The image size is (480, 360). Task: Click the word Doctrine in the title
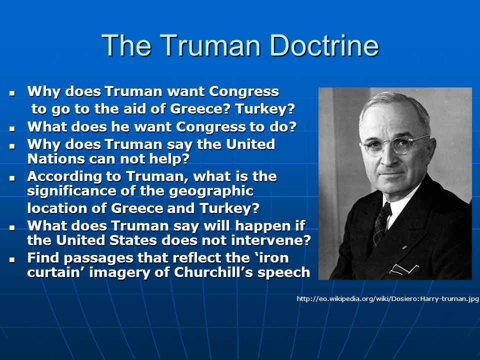pos(324,45)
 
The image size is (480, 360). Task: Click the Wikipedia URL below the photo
pos(387,299)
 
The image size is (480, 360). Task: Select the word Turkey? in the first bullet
pos(265,108)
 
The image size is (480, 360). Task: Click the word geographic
pos(211,191)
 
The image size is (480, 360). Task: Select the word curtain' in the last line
pos(56,272)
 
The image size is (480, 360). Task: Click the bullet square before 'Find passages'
pos(12,259)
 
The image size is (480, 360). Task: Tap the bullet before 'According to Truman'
pos(12,178)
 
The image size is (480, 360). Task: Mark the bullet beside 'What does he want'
pos(12,128)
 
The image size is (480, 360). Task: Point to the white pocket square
pos(403,269)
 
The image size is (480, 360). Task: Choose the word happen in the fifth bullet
pos(261,226)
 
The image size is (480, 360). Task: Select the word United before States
pos(80,240)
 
